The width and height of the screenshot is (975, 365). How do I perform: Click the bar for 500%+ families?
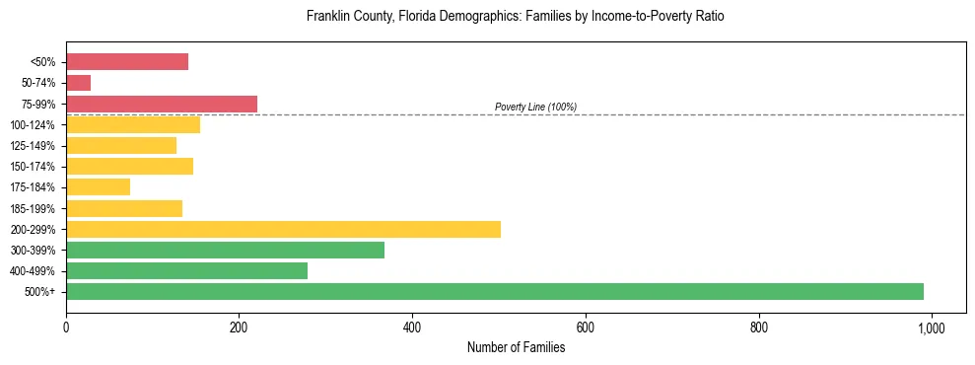tap(494, 291)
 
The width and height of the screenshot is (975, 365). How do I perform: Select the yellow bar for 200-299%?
tap(283, 229)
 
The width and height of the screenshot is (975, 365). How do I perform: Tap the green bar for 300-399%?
tap(225, 250)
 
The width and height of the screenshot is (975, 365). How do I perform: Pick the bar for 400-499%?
tap(186, 270)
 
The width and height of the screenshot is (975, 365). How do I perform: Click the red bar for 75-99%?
tap(162, 104)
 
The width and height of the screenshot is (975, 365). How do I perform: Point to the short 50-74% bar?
tap(78, 83)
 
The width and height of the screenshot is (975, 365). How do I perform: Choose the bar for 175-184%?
tap(98, 186)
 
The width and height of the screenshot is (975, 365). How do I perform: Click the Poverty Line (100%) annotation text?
tap(535, 107)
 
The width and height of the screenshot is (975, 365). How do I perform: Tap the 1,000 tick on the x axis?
tap(932, 328)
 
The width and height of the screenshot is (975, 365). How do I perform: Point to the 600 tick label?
tap(586, 328)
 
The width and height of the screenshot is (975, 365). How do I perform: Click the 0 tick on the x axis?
tap(66, 328)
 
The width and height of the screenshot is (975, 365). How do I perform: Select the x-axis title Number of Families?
tap(516, 347)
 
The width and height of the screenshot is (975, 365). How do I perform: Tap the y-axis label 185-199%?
tap(33, 208)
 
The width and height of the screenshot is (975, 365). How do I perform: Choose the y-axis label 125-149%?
tap(33, 146)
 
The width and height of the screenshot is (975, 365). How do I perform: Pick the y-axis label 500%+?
tap(39, 292)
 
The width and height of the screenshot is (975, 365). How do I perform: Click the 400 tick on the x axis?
tap(412, 328)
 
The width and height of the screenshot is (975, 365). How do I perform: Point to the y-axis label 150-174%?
tap(33, 167)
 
